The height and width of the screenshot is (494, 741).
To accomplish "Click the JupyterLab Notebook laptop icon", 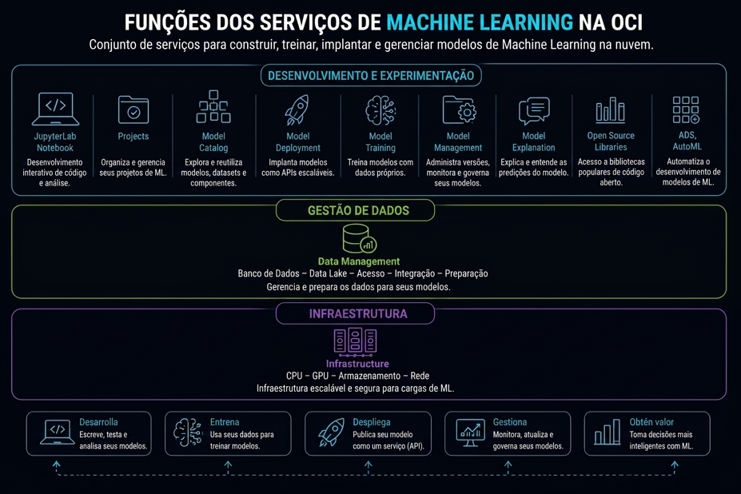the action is point(55,109).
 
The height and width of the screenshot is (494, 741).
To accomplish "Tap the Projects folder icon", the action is point(133,110).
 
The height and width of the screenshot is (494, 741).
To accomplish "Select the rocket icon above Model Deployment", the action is point(297,110).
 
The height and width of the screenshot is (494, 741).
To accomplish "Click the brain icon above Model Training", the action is point(380,110).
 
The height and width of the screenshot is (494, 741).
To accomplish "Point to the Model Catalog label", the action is point(213,141).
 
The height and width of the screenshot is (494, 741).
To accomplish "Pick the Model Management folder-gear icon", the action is point(459,110).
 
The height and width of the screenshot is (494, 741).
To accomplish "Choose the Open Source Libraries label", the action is point(611,141).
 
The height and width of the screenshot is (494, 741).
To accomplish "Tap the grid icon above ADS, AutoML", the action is point(686,110).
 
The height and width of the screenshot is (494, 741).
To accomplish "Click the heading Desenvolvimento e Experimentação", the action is point(371,76).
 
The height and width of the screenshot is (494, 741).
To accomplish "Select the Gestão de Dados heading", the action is point(358,210).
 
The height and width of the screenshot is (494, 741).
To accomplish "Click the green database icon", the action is point(359,239).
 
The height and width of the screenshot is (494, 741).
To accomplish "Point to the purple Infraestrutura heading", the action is point(358,314).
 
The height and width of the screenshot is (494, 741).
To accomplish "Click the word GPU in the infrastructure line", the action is point(320,376).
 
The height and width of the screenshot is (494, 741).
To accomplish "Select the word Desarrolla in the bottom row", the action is point(98,422).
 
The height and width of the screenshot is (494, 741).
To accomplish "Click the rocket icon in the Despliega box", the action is point(331,432).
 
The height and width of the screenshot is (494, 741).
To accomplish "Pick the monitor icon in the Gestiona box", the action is point(470,432).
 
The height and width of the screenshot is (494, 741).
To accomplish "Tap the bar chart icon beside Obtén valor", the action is point(608,432).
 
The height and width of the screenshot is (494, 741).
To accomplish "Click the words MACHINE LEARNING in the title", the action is point(480,22).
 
